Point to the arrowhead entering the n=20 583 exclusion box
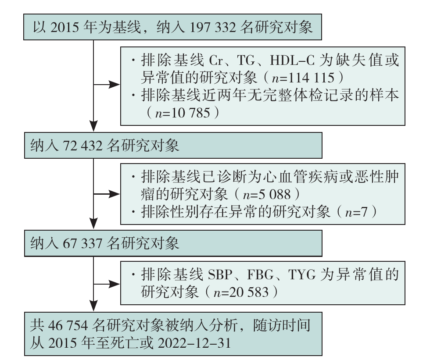(x=116, y=284)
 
